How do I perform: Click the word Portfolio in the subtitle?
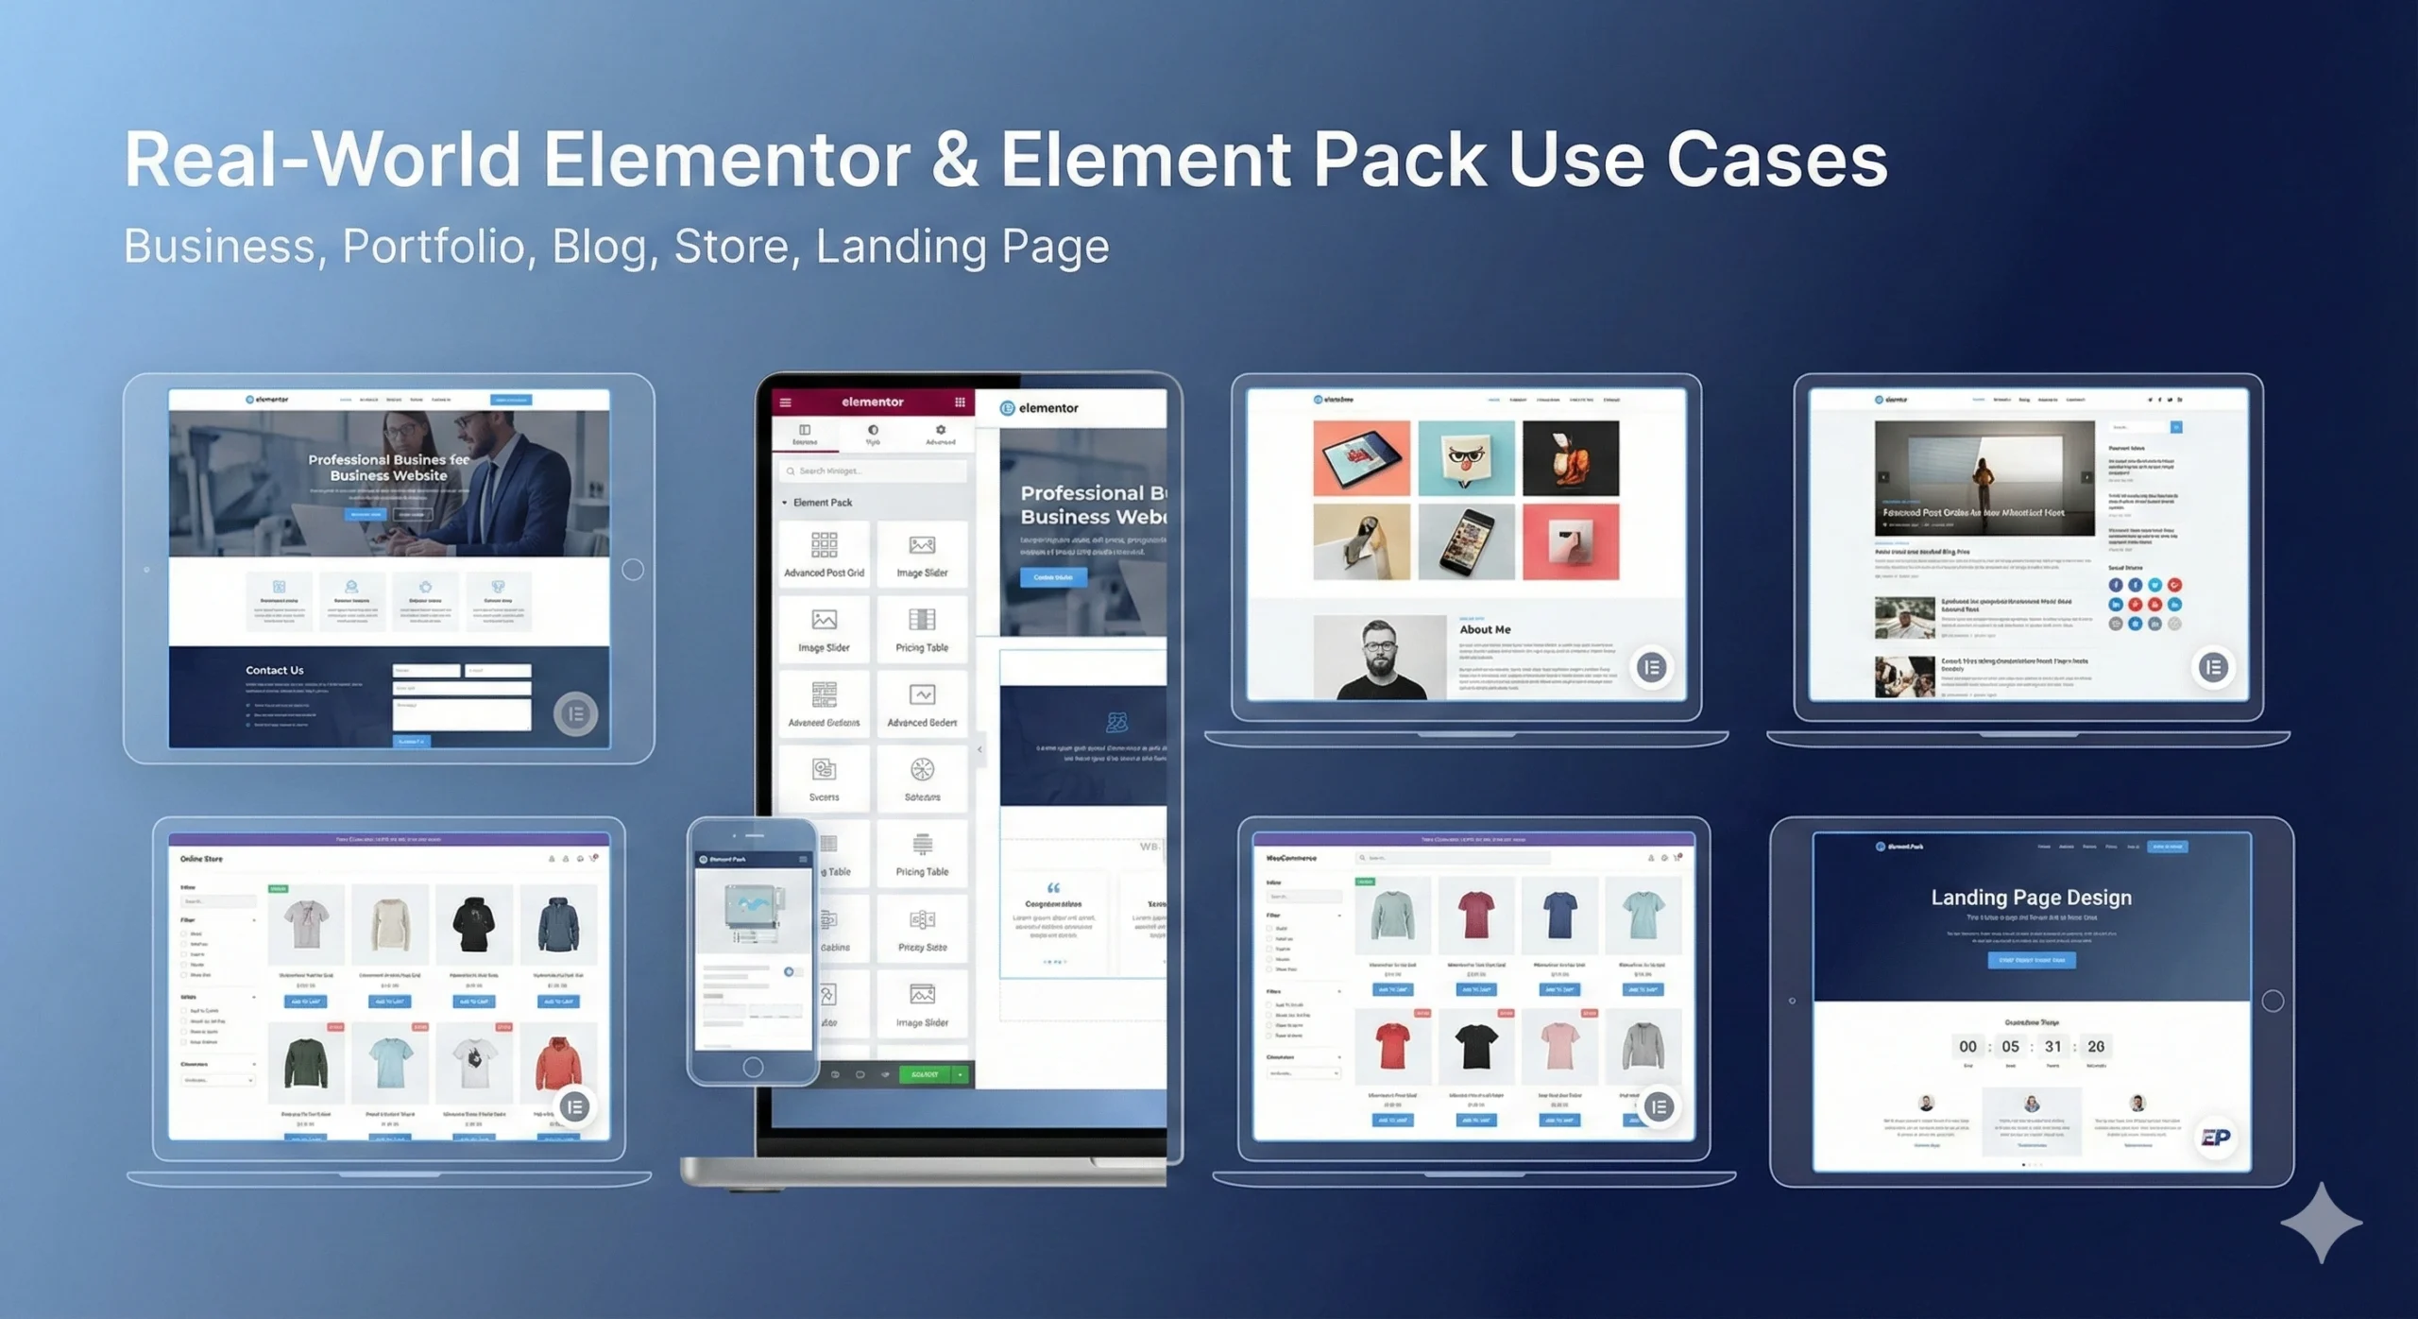pos(433,248)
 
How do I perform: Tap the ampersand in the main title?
pos(954,160)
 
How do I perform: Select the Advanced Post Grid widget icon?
pos(824,544)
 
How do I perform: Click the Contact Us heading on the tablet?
pos(274,671)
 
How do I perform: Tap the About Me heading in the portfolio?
pos(1485,629)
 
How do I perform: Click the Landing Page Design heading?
pos(2031,898)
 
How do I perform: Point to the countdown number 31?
pos(2052,1047)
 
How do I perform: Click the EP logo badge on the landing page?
pos(2215,1138)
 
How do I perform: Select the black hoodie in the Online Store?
pos(473,923)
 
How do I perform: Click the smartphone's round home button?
pos(753,1067)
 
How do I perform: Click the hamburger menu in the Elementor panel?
pos(785,403)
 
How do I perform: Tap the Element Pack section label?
pos(822,503)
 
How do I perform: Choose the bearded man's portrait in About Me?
pos(1379,658)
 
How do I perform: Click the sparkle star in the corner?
pos(2321,1223)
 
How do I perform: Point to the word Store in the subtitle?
pos(731,248)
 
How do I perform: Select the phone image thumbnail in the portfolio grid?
pos(1466,542)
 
